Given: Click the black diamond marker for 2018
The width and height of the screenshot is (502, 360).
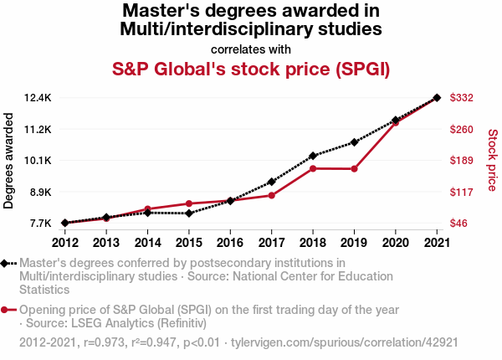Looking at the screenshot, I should click(x=312, y=156).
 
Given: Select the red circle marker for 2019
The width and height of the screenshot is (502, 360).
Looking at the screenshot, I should click(x=354, y=169).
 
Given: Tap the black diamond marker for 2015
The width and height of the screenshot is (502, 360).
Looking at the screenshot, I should click(x=189, y=213).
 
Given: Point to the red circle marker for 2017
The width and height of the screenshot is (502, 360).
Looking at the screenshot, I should click(x=271, y=195).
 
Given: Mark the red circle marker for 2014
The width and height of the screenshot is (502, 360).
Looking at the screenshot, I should click(x=147, y=208).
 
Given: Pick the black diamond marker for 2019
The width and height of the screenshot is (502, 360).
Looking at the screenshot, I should click(x=354, y=142).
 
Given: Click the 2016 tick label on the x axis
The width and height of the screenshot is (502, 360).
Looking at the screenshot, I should click(x=230, y=243).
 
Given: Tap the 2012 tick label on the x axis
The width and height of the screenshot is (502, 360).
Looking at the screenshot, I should click(x=65, y=243).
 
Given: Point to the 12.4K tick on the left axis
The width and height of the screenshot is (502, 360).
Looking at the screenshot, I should click(x=38, y=98).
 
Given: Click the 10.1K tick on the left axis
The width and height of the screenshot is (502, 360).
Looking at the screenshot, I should click(x=38, y=161).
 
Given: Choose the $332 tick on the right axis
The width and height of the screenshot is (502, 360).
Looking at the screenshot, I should click(x=463, y=98).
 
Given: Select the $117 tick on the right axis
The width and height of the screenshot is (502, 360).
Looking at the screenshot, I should click(x=463, y=192).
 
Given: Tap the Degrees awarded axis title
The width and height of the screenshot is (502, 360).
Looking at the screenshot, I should click(x=9, y=161).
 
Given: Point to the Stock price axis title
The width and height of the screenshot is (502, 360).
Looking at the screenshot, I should click(x=492, y=161).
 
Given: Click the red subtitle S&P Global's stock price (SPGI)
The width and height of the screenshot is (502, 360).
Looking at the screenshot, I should click(x=251, y=68).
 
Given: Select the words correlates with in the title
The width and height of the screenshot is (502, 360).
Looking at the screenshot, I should click(x=251, y=49).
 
